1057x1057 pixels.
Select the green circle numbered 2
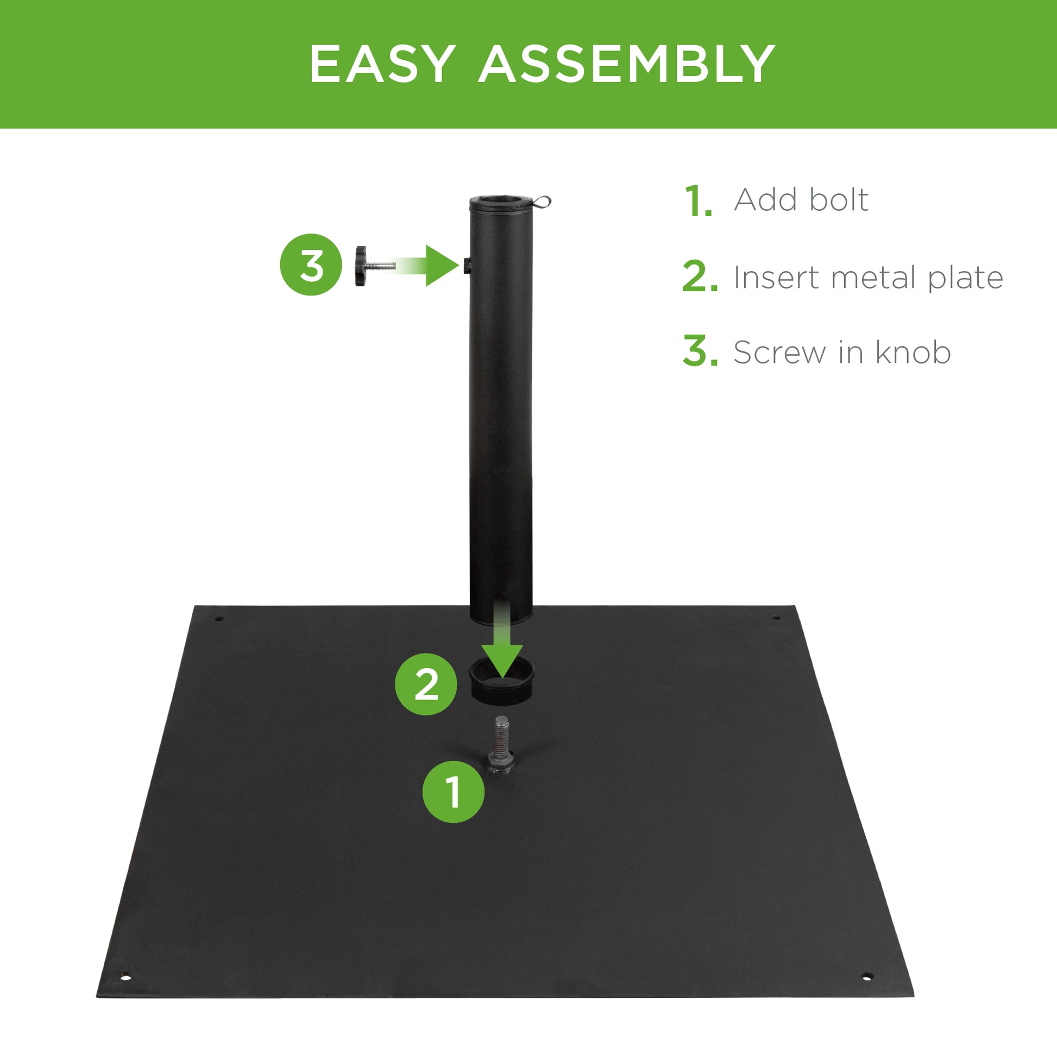click(x=426, y=684)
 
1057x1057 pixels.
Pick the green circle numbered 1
click(x=453, y=791)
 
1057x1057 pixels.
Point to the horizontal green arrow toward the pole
click(x=432, y=266)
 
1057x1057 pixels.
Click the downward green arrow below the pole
click(x=502, y=646)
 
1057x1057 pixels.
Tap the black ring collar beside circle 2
click(x=501, y=682)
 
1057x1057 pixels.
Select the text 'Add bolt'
click(x=801, y=200)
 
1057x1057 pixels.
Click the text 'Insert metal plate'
click(x=868, y=278)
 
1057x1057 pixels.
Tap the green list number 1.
click(x=699, y=202)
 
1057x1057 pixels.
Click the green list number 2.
click(x=700, y=277)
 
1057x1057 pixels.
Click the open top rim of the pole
click(x=501, y=201)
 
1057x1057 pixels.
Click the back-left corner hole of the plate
click(x=219, y=619)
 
